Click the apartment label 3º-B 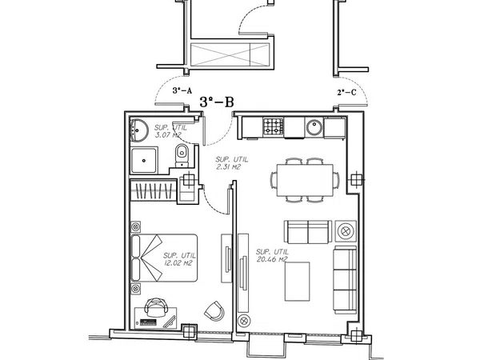coord(217,102)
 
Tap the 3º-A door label coord(182,90)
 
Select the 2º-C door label coord(347,92)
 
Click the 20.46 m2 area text coord(272,256)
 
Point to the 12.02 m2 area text coord(179,259)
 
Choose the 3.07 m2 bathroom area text coord(170,131)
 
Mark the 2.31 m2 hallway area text coord(231,163)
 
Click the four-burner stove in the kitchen coord(274,126)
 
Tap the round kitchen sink coord(314,128)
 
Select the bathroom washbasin coord(138,130)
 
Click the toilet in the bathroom coord(182,155)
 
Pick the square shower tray coord(144,160)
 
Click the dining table coord(306,180)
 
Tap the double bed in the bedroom coord(164,258)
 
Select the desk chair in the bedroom coord(156,306)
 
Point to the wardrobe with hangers coord(154,190)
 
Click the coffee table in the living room coord(298,282)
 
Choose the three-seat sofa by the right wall coord(345,279)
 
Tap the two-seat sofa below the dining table coord(308,232)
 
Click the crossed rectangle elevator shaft coord(230,54)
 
